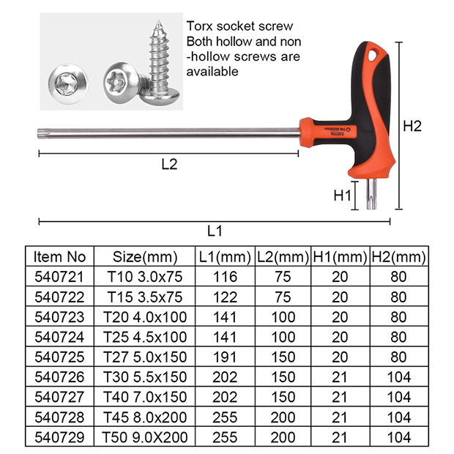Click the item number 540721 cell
click(x=59, y=277)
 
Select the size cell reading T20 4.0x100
click(x=145, y=317)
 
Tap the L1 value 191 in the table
click(x=225, y=357)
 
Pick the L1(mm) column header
click(x=225, y=257)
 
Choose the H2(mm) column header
click(x=398, y=257)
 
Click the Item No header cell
click(x=59, y=257)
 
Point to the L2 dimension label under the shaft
click(x=169, y=164)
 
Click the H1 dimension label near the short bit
click(x=342, y=196)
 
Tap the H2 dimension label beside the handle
click(x=412, y=126)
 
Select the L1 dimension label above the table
click(x=215, y=231)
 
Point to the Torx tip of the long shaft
click(x=40, y=133)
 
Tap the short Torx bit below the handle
click(x=372, y=194)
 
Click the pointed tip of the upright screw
click(x=158, y=21)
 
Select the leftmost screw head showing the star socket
click(x=68, y=84)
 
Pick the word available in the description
click(x=212, y=72)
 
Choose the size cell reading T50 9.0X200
click(x=145, y=437)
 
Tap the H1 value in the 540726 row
click(x=340, y=377)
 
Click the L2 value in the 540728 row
click(x=283, y=417)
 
